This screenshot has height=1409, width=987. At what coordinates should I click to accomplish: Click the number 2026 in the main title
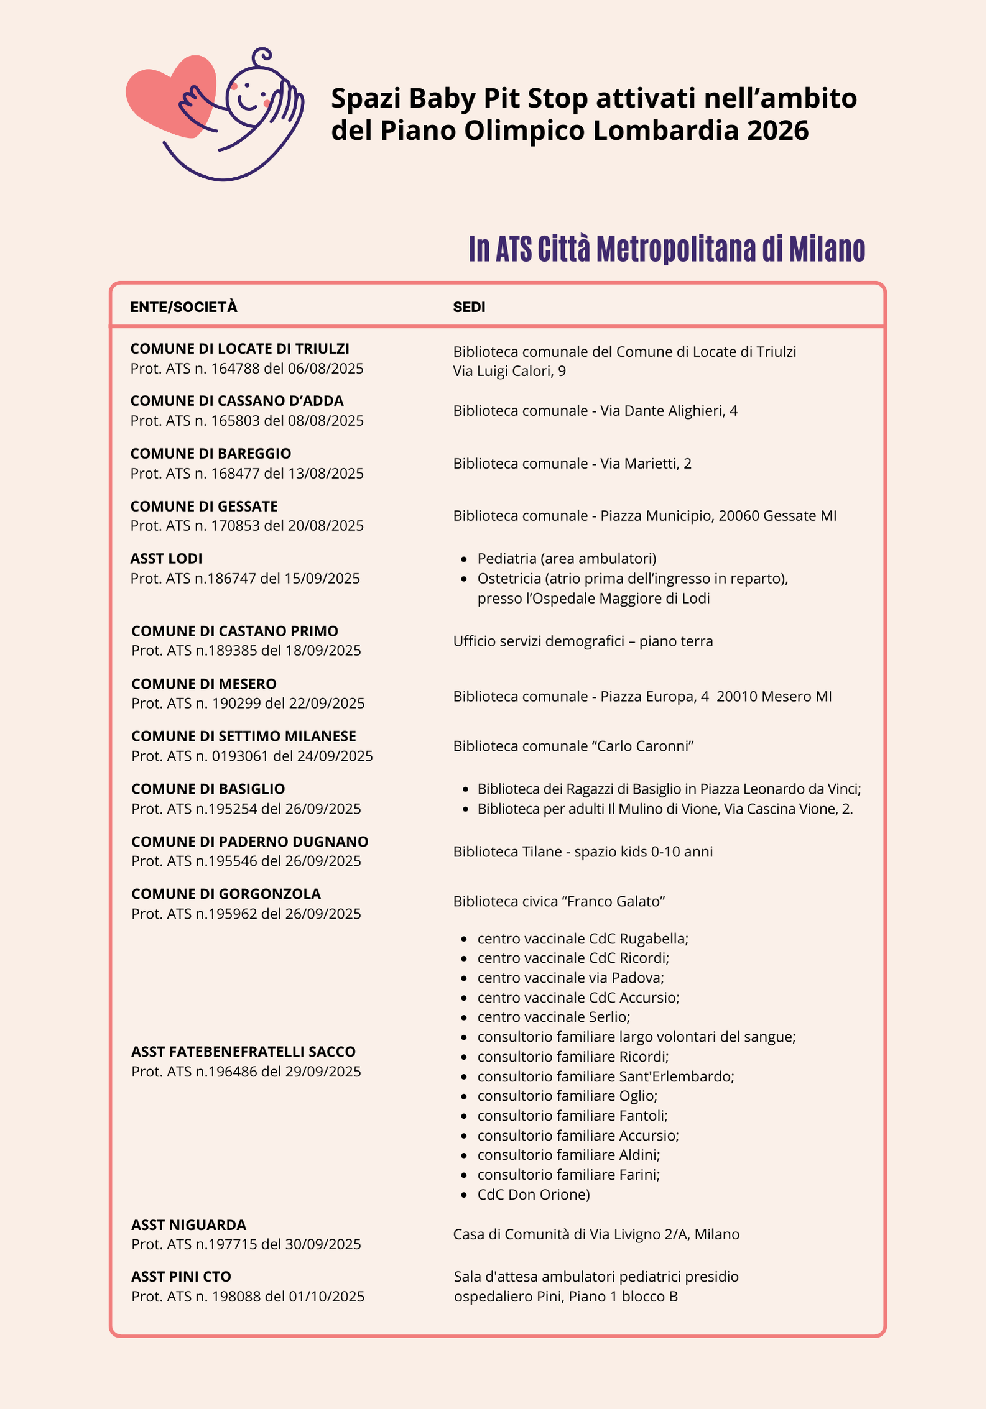click(x=777, y=131)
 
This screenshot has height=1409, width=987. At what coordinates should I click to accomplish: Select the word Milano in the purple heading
click(x=827, y=249)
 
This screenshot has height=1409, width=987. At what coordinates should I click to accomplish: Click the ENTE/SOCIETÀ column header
click(x=183, y=307)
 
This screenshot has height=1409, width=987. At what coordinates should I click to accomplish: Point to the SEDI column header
click(x=469, y=307)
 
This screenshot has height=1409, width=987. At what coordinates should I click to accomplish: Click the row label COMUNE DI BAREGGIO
click(x=211, y=454)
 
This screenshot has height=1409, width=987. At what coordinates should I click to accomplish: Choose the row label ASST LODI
click(x=166, y=559)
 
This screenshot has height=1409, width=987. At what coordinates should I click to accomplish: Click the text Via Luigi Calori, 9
click(x=509, y=371)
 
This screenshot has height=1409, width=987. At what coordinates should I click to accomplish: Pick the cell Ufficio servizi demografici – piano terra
click(x=583, y=641)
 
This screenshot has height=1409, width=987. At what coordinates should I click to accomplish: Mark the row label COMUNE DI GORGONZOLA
click(x=226, y=894)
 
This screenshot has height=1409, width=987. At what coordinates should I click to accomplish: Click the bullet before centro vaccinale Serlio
click(x=464, y=1017)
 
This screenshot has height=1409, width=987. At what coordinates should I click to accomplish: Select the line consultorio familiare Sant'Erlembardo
click(x=605, y=1076)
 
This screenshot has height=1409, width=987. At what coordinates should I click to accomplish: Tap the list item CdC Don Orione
click(x=533, y=1195)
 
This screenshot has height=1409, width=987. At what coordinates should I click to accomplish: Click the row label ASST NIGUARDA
click(x=188, y=1225)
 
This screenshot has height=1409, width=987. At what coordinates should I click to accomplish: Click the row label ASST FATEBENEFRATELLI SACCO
click(x=243, y=1052)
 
